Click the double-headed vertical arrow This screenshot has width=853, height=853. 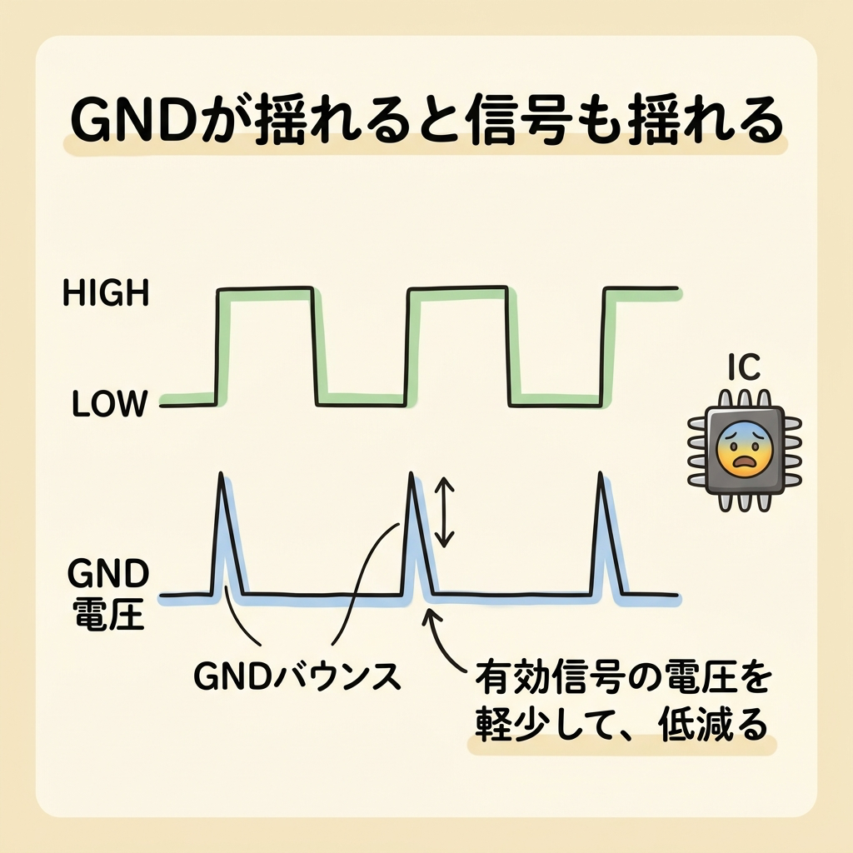point(446,511)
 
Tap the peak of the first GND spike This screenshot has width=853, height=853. point(222,475)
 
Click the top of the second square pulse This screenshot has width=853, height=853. point(457,289)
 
